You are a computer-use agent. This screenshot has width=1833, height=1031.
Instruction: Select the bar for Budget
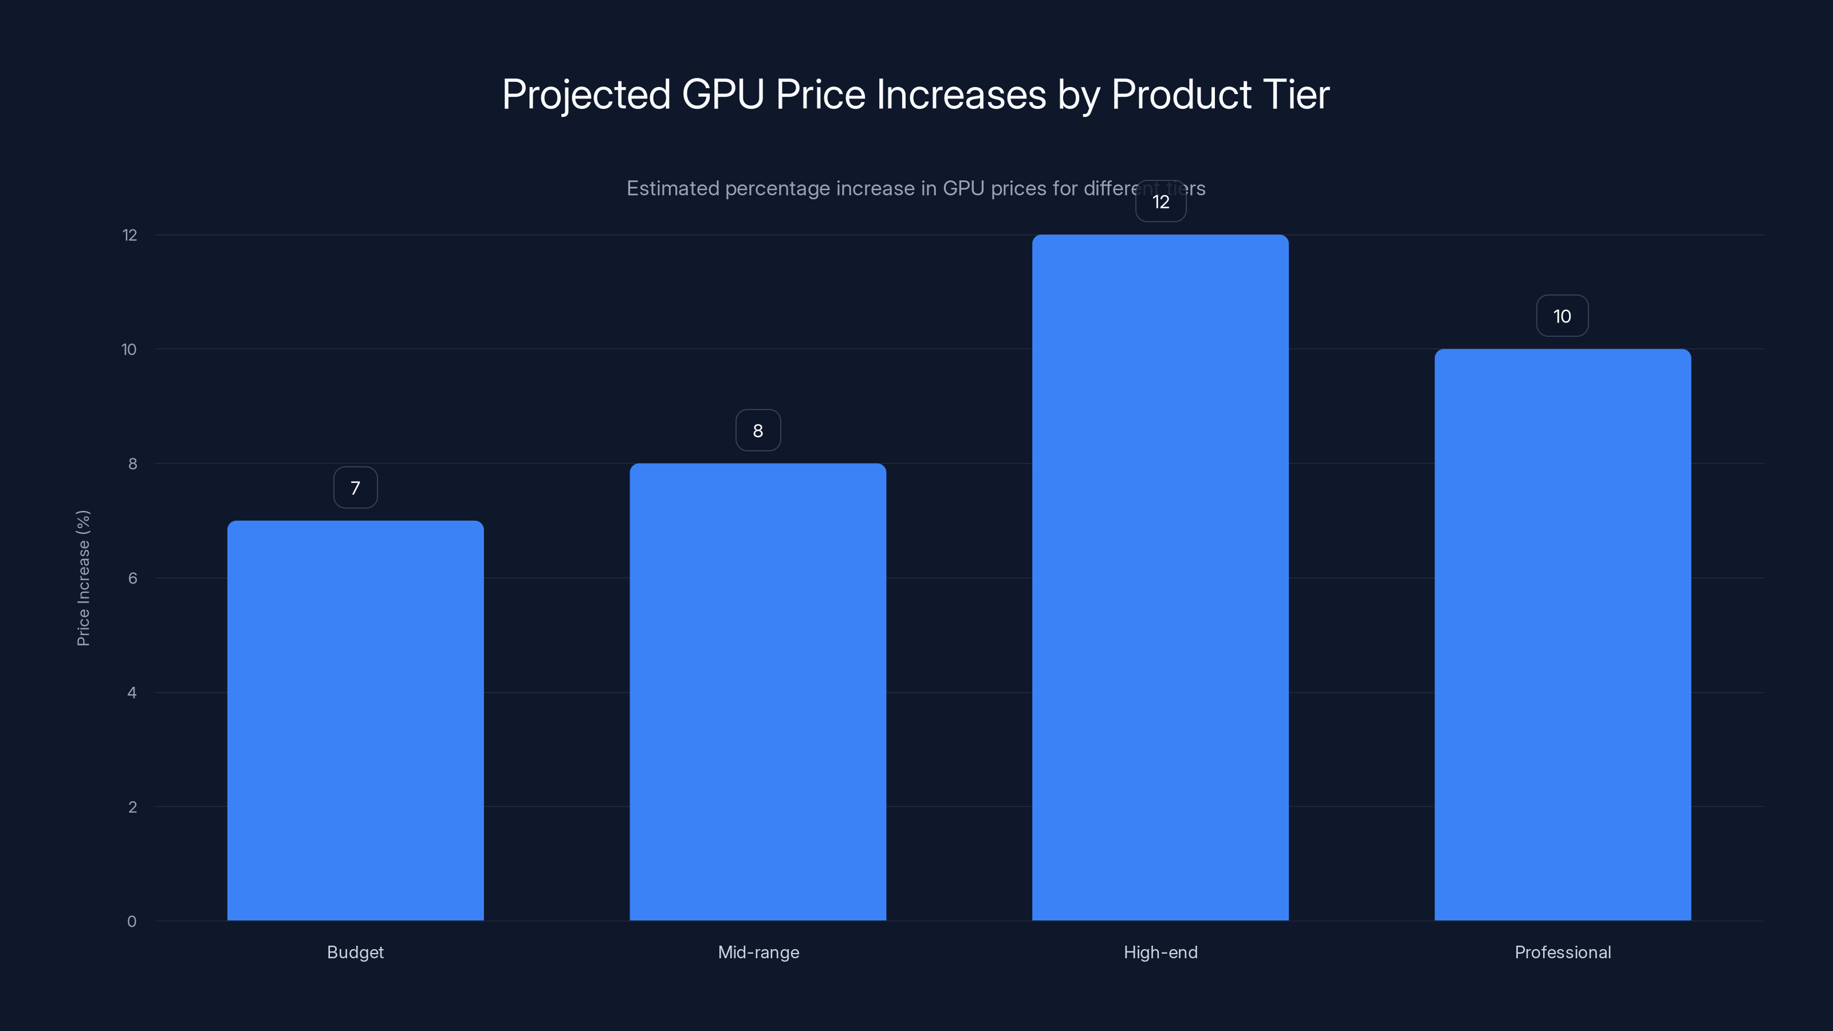pyautogui.click(x=355, y=720)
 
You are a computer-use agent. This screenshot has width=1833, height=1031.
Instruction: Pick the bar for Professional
pyautogui.click(x=1562, y=635)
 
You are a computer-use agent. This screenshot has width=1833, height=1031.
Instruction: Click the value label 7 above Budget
pyautogui.click(x=355, y=488)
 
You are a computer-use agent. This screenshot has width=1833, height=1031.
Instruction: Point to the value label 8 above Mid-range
pyautogui.click(x=758, y=431)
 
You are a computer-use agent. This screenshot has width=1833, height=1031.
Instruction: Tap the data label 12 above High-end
pyautogui.click(x=1161, y=202)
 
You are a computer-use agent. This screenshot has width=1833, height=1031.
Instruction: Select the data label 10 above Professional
pyautogui.click(x=1562, y=317)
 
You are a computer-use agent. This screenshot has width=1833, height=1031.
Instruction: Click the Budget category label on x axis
pyautogui.click(x=355, y=952)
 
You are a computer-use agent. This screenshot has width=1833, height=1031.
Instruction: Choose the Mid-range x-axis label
pyautogui.click(x=758, y=952)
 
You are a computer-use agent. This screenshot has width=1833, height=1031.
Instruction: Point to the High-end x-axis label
pyautogui.click(x=1161, y=952)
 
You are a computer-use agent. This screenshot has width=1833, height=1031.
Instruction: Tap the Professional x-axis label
pyautogui.click(x=1563, y=952)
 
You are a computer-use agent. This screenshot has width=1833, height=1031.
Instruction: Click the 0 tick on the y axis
pyautogui.click(x=132, y=922)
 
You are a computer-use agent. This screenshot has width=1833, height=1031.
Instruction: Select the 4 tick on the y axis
pyautogui.click(x=132, y=692)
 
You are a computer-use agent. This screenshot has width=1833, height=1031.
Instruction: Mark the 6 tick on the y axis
pyautogui.click(x=132, y=578)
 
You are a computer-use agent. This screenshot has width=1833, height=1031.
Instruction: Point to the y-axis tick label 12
pyautogui.click(x=129, y=235)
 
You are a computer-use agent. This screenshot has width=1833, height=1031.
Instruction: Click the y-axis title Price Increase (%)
pyautogui.click(x=83, y=578)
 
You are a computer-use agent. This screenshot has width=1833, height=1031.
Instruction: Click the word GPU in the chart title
pyautogui.click(x=722, y=95)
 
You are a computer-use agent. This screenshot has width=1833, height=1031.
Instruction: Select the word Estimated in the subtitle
pyautogui.click(x=672, y=188)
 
